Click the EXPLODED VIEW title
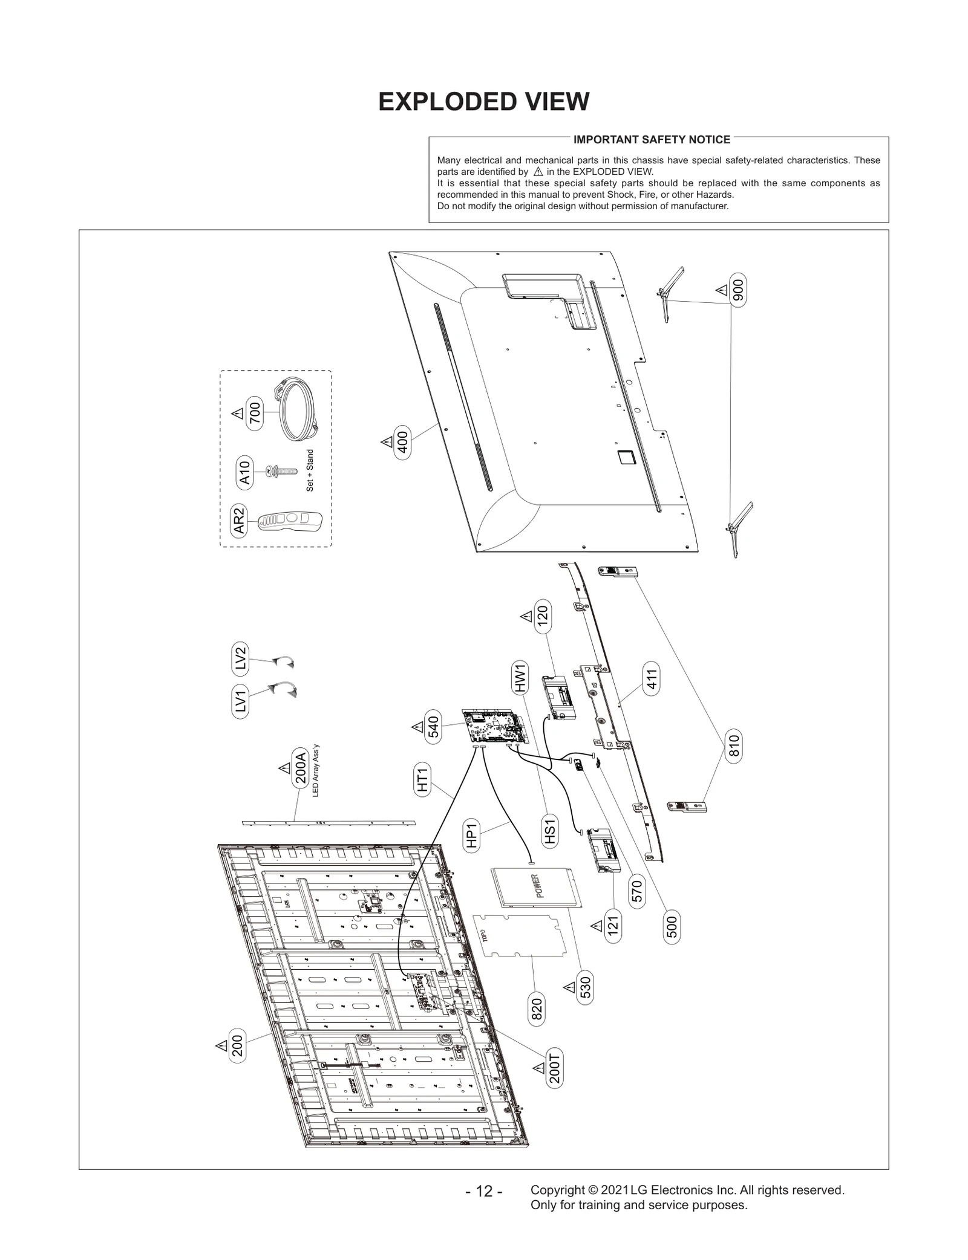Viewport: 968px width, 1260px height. click(483, 102)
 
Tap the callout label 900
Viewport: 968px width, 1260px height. click(738, 290)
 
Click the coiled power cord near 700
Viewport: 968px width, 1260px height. click(296, 409)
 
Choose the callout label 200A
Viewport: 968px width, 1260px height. click(299, 767)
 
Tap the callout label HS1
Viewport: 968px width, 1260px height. click(549, 831)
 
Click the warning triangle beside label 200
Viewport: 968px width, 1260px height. click(221, 1045)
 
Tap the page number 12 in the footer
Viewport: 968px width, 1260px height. click(483, 1191)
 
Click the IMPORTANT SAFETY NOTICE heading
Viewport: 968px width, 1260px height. click(652, 140)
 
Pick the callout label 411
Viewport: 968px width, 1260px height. click(651, 679)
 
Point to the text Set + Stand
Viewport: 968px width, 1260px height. click(310, 470)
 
